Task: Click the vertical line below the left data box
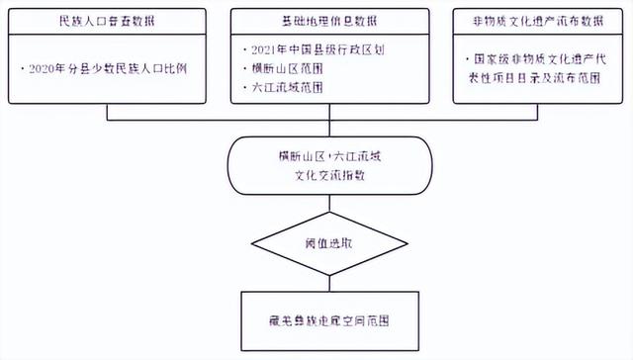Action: click(x=108, y=111)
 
